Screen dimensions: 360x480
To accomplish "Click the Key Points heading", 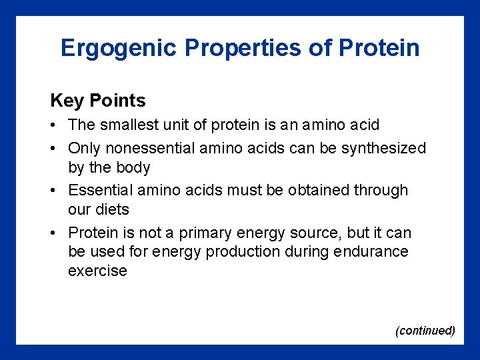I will (97, 101).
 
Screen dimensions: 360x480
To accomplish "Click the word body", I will (132, 167).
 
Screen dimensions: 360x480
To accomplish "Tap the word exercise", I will (97, 271).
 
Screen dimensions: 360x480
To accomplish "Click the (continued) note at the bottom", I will (425, 331).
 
